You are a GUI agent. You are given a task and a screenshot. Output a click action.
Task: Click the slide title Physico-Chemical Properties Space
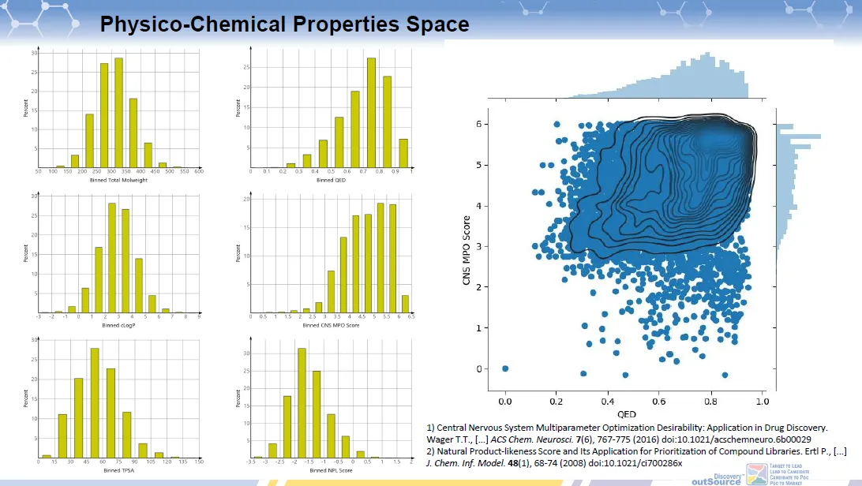[x=284, y=24]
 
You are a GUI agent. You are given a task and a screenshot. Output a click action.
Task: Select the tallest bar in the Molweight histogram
[x=118, y=111]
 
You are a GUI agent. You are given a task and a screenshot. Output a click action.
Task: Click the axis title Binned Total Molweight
[x=118, y=180]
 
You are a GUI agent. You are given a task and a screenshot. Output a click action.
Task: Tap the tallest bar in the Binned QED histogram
[x=371, y=111]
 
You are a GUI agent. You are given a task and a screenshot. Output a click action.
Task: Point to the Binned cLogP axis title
[x=118, y=324]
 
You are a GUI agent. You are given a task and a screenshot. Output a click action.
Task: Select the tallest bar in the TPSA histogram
[x=95, y=402]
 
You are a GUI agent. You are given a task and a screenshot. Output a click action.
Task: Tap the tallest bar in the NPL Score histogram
[x=302, y=402]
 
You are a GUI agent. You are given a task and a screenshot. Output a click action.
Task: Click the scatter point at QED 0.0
[x=505, y=368]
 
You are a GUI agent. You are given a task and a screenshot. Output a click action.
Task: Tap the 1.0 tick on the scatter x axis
[x=762, y=401]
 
